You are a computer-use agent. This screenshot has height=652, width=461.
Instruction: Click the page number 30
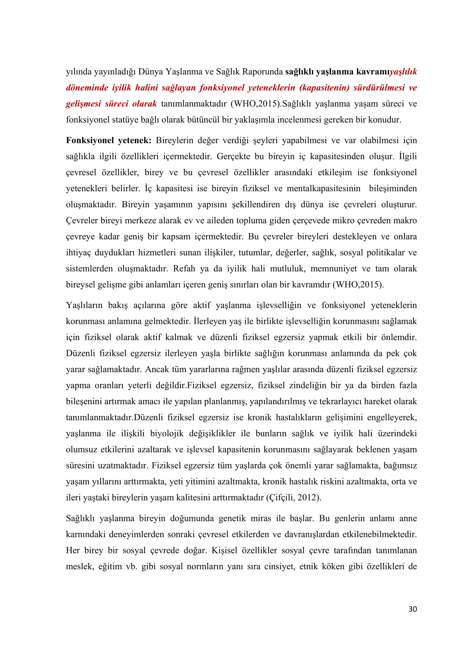413,609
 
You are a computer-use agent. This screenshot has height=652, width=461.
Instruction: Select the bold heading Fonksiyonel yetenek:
109,140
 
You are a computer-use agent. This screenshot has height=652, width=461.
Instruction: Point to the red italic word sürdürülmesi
379,88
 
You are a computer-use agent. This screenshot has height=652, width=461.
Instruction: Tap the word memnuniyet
334,268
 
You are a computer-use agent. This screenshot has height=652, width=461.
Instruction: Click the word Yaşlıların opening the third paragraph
84,305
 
